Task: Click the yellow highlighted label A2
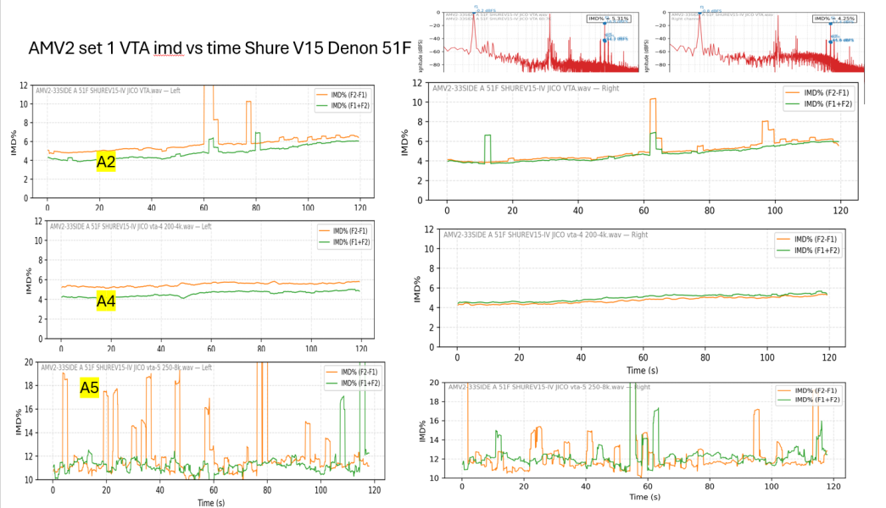[106, 162]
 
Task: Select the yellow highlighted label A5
[90, 388]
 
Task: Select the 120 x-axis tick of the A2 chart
[359, 208]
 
